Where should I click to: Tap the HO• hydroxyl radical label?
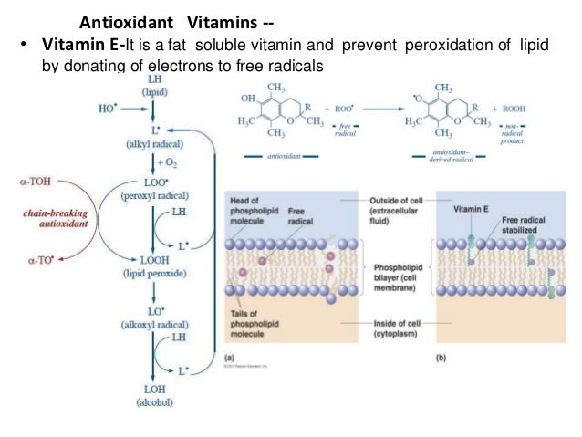[106, 107]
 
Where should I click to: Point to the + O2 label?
[166, 161]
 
